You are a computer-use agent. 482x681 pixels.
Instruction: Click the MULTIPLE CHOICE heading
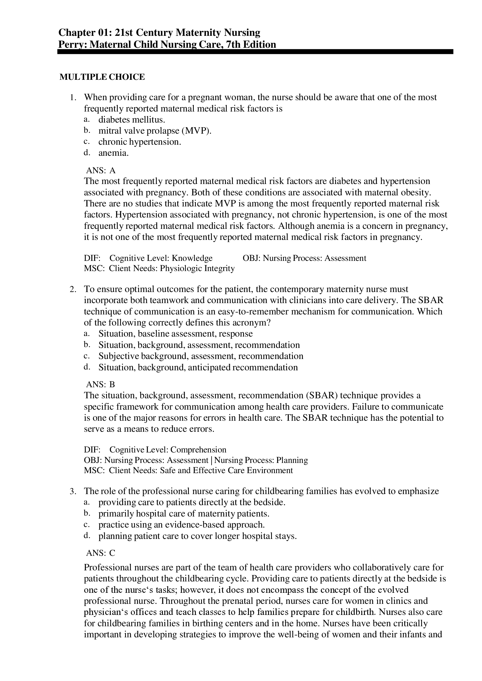pos(102,77)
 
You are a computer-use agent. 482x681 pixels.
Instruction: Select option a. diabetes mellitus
pos(131,120)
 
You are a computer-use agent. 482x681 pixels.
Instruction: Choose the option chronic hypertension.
pos(140,142)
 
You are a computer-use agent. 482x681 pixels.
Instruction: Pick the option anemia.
pos(113,153)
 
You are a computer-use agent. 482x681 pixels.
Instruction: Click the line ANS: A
pos(101,170)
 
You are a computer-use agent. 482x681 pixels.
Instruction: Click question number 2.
pos(73,289)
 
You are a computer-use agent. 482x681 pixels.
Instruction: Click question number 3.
pos(73,491)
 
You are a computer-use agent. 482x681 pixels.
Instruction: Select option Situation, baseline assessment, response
pos(175,334)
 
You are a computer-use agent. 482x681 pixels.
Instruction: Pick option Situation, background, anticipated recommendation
pos(198,367)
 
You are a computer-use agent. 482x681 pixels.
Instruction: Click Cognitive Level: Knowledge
pos(161,258)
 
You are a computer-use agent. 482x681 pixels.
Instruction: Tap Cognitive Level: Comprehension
pos(168,450)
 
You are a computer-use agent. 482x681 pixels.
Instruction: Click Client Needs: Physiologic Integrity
pos(172,268)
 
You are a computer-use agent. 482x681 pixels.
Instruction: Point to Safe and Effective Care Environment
pos(226,470)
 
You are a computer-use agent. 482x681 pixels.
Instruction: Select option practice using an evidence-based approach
pos(181,525)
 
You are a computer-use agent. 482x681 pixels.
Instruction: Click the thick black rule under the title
pos(255,52)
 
